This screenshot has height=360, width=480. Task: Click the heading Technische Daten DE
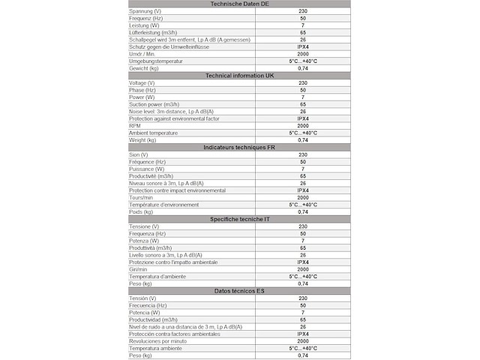[x=240, y=4]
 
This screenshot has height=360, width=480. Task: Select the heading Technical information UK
[x=240, y=76]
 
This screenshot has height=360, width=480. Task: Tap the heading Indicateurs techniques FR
[x=240, y=148]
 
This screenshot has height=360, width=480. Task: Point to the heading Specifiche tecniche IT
[x=240, y=219]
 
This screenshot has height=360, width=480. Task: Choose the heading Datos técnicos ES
[x=240, y=291]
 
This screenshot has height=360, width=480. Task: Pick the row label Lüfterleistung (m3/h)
[x=154, y=33]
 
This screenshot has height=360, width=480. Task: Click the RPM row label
[x=136, y=126]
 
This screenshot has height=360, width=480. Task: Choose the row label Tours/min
[x=142, y=197]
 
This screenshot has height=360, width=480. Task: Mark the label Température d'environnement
[x=164, y=205]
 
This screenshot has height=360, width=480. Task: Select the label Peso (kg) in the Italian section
[x=141, y=283]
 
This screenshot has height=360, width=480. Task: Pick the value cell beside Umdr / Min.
[x=303, y=54]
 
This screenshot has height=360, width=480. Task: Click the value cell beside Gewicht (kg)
[x=303, y=68]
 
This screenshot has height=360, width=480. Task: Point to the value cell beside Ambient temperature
[x=303, y=133]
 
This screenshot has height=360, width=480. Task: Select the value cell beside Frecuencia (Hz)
[x=303, y=305]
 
